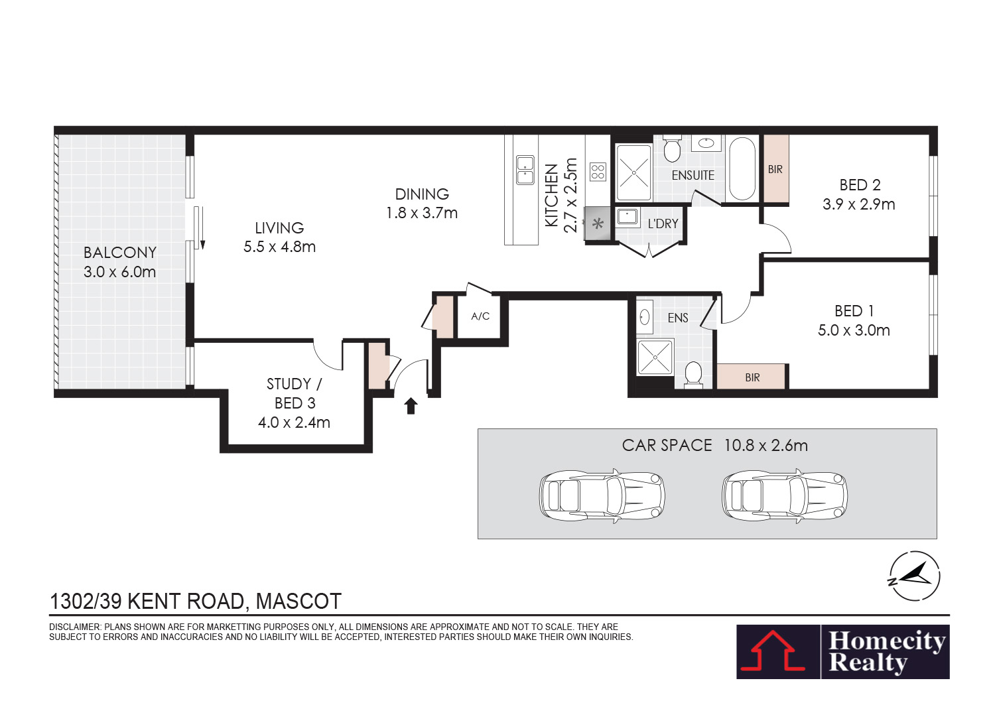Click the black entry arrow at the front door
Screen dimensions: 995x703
point(411,406)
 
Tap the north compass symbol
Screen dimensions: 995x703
point(915,576)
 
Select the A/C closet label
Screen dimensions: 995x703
point(480,316)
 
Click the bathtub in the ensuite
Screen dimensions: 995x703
point(742,168)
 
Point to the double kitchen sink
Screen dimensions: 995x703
point(525,170)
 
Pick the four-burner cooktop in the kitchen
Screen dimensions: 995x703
point(598,172)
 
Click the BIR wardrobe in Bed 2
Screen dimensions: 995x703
point(775,168)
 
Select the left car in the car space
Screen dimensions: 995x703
point(602,495)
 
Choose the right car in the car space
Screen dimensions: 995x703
point(785,495)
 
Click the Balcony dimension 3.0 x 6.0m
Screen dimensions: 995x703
point(119,272)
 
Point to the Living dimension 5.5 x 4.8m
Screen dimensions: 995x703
point(279,247)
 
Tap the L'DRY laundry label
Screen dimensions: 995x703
point(663,224)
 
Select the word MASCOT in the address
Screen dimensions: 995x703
point(298,602)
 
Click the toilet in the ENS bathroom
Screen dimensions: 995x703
point(693,375)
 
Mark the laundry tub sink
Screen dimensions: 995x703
point(628,218)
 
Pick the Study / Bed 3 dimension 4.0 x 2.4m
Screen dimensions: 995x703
point(294,422)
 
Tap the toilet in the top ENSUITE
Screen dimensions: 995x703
point(672,149)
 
